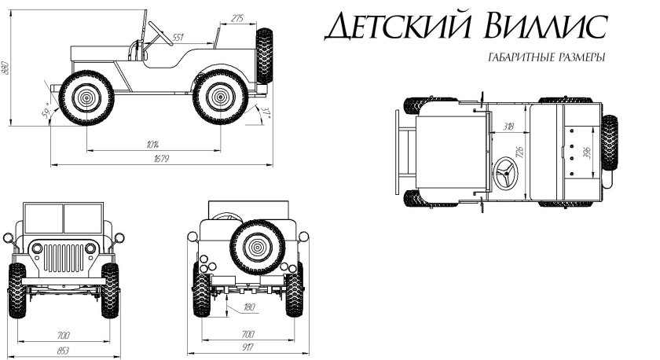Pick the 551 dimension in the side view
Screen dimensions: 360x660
click(x=178, y=37)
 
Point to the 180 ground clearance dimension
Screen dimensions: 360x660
click(x=250, y=307)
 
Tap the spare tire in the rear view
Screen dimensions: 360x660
click(x=254, y=247)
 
